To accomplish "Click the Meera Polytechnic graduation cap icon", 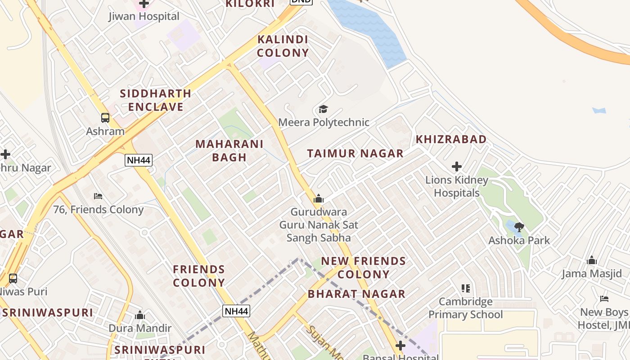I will (x=323, y=109).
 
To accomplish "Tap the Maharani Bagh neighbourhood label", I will (x=229, y=151).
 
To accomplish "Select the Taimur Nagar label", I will (x=355, y=153).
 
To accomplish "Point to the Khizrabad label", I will (x=451, y=139).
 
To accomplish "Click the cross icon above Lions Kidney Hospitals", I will (x=457, y=167).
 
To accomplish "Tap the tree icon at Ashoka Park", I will (x=519, y=227).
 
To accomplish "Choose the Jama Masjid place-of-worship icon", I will (x=592, y=261).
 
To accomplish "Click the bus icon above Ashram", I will (x=105, y=118).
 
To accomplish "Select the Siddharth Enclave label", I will (x=156, y=100).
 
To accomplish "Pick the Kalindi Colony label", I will (x=283, y=46).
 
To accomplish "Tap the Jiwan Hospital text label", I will (x=144, y=17).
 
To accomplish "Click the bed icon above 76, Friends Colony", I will (x=98, y=196).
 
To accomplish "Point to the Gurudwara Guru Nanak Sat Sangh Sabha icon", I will (x=319, y=198).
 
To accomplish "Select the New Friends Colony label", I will (x=363, y=267).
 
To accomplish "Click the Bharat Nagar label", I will (x=356, y=294).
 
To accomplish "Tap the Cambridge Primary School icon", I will (x=466, y=288).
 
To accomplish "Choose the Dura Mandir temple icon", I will (x=140, y=315).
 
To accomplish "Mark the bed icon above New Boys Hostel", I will (x=604, y=299).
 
